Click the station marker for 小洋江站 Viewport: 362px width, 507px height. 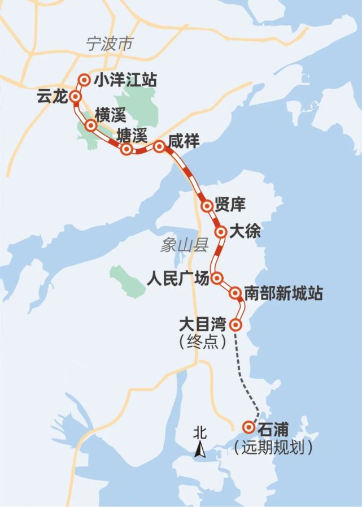[85, 80]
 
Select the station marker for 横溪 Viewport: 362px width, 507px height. [90, 125]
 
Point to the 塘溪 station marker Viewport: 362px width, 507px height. [128, 149]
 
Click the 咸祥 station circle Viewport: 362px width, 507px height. [159, 146]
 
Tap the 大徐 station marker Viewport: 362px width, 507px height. [221, 232]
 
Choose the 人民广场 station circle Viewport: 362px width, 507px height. [217, 278]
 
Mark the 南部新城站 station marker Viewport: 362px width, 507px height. [235, 293]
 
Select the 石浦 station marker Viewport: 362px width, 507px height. [247, 427]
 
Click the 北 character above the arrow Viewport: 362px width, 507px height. [199, 433]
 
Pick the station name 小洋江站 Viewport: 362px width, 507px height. [125, 80]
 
